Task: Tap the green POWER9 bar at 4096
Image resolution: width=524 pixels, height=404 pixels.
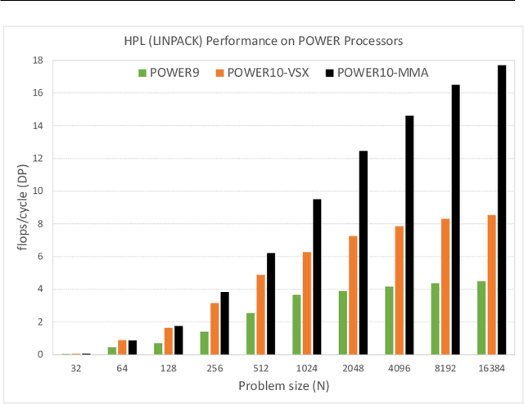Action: [390, 321]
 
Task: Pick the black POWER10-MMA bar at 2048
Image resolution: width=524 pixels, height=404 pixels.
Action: [364, 253]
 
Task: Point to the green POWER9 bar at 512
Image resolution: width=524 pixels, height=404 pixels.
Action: [251, 334]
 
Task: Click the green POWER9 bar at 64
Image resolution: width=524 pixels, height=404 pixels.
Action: [112, 351]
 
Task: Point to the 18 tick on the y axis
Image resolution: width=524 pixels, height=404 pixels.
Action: [38, 61]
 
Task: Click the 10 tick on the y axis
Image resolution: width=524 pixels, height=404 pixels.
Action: [38, 191]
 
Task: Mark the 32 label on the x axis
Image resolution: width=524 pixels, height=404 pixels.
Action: [75, 370]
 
